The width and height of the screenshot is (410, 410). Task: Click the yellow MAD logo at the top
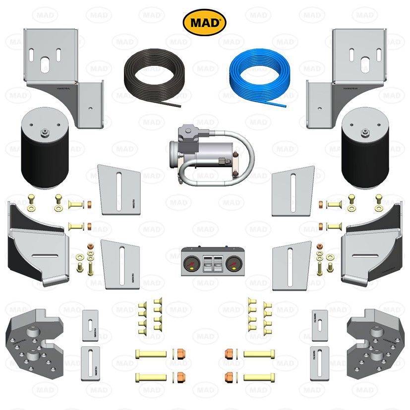point(205,22)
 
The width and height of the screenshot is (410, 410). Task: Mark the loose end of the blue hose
point(285,106)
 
